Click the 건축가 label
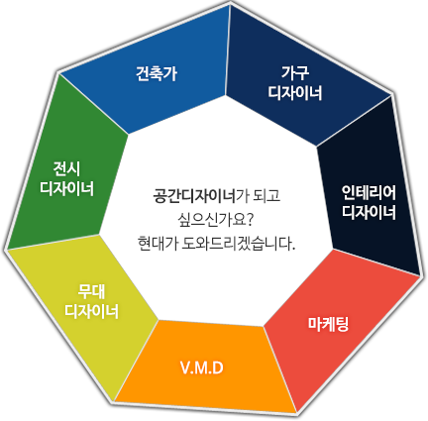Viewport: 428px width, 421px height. (x=157, y=73)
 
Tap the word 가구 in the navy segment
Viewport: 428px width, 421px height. (x=295, y=72)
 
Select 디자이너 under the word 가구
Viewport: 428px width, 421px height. (x=295, y=93)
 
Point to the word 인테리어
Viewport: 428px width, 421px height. (x=369, y=192)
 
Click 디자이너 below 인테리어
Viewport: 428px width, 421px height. (x=369, y=212)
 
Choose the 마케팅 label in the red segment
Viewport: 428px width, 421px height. (x=328, y=324)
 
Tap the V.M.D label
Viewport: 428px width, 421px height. (x=202, y=368)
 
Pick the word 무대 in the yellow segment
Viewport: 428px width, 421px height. (x=91, y=291)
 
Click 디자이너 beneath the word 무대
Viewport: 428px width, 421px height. (x=91, y=311)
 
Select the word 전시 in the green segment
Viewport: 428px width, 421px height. (x=66, y=168)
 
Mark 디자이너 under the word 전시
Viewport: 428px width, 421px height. (x=66, y=188)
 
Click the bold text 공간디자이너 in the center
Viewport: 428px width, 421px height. (x=194, y=195)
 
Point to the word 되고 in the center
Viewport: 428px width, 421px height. (x=267, y=195)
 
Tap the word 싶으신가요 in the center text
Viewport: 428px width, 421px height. (x=212, y=220)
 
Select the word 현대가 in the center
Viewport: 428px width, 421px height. (x=158, y=244)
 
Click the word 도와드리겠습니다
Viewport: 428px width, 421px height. (x=238, y=244)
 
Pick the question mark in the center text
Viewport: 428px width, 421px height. (x=250, y=220)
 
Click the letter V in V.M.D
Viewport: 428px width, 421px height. (x=184, y=368)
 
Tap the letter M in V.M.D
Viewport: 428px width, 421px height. (x=201, y=368)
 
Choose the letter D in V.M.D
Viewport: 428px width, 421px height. (x=218, y=368)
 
